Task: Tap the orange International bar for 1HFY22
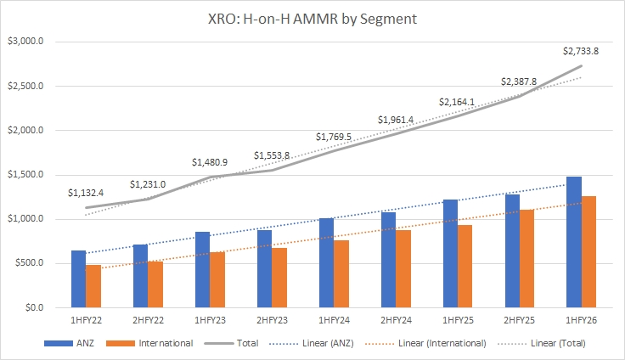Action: [93, 286]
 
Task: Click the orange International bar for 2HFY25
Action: [526, 258]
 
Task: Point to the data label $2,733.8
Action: [582, 51]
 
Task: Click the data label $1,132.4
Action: [86, 193]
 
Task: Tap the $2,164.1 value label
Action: [457, 102]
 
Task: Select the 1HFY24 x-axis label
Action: [334, 321]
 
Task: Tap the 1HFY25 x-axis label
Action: [457, 321]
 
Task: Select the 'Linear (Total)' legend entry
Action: [551, 343]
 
